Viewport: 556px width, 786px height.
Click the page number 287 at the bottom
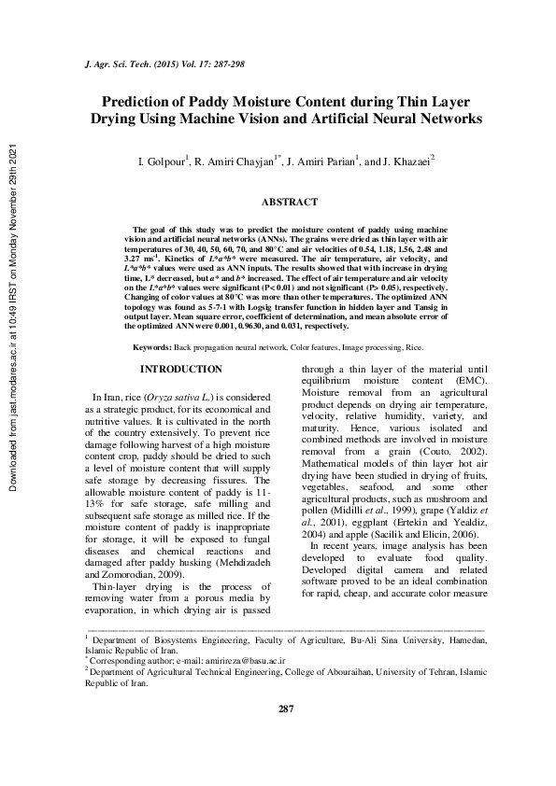(x=286, y=709)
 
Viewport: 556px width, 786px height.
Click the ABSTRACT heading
(x=290, y=202)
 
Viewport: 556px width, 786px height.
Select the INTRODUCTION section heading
(x=180, y=370)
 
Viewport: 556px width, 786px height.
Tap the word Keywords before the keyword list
(x=152, y=347)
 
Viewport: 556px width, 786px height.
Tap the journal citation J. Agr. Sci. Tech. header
(x=121, y=67)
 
